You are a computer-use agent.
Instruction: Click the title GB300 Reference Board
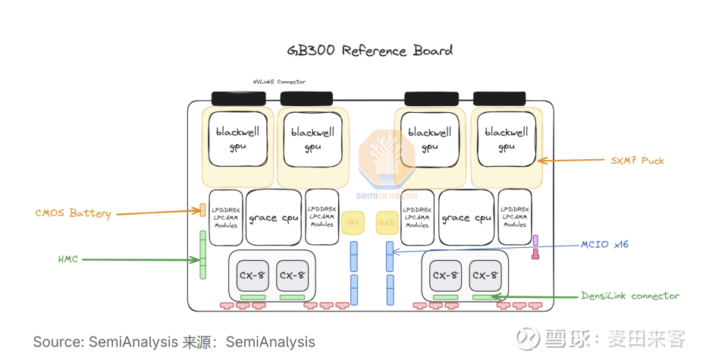pos(369,51)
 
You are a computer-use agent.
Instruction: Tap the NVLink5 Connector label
pos(279,82)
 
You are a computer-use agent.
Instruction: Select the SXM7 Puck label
pos(637,161)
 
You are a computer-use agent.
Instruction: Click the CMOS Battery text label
pos(73,213)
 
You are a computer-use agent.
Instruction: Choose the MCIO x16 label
pos(604,244)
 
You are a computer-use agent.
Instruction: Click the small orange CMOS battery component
pos(202,209)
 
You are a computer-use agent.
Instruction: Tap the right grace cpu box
pos(466,218)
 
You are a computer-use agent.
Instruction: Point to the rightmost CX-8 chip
pos(485,275)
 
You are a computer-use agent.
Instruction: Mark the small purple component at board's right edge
pos(535,240)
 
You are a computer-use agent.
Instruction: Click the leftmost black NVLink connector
pos(238,99)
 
